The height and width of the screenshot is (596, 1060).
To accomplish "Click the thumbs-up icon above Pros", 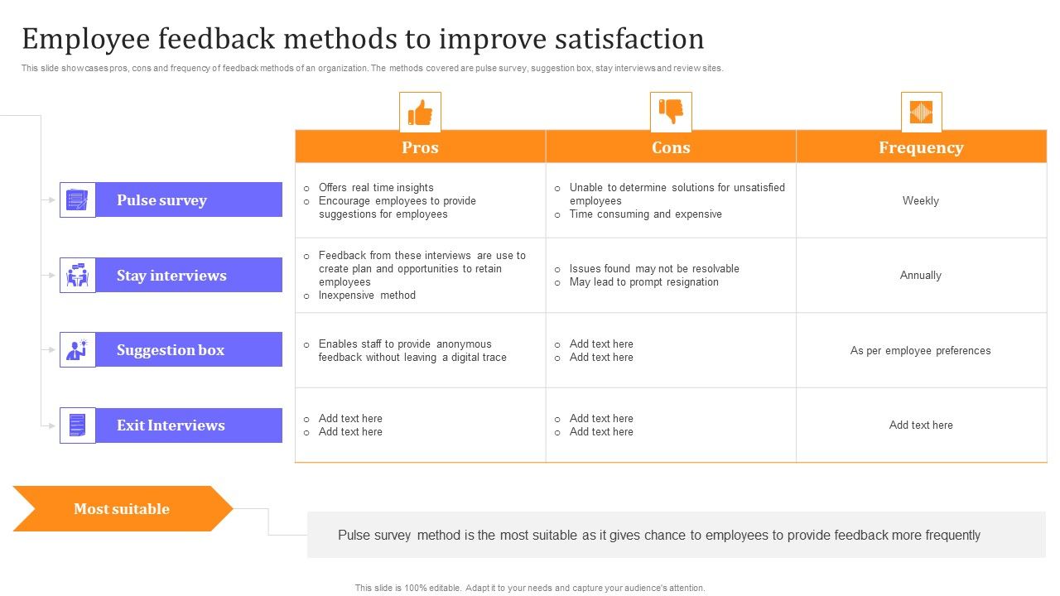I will [x=420, y=112].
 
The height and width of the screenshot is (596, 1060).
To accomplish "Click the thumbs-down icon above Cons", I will [x=671, y=112].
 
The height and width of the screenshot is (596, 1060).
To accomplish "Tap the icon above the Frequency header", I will [x=921, y=112].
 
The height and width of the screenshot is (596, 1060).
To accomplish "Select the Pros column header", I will [x=420, y=147].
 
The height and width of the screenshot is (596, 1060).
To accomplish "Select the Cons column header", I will [x=671, y=147].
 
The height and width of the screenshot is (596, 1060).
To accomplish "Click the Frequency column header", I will [x=921, y=147].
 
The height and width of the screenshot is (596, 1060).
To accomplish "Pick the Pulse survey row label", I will [x=161, y=200].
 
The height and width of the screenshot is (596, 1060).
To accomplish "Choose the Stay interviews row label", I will [x=171, y=276].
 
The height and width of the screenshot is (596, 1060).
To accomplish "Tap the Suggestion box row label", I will [x=171, y=350].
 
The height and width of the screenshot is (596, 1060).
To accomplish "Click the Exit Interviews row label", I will [x=171, y=425].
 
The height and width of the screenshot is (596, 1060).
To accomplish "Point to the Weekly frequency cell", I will [x=921, y=200].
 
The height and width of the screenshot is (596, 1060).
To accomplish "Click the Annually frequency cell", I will [x=921, y=275].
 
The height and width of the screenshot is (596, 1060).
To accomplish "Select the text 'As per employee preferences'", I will [x=921, y=350].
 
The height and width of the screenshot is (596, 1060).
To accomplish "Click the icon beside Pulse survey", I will [x=77, y=200].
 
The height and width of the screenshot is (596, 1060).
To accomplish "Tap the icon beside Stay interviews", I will [x=77, y=276].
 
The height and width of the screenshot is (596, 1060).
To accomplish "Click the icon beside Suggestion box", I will [x=77, y=350].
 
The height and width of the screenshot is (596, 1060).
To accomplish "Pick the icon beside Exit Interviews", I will [x=77, y=425].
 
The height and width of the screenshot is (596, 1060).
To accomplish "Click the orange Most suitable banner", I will [x=122, y=509].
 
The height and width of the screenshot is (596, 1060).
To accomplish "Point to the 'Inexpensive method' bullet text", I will [x=367, y=295].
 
